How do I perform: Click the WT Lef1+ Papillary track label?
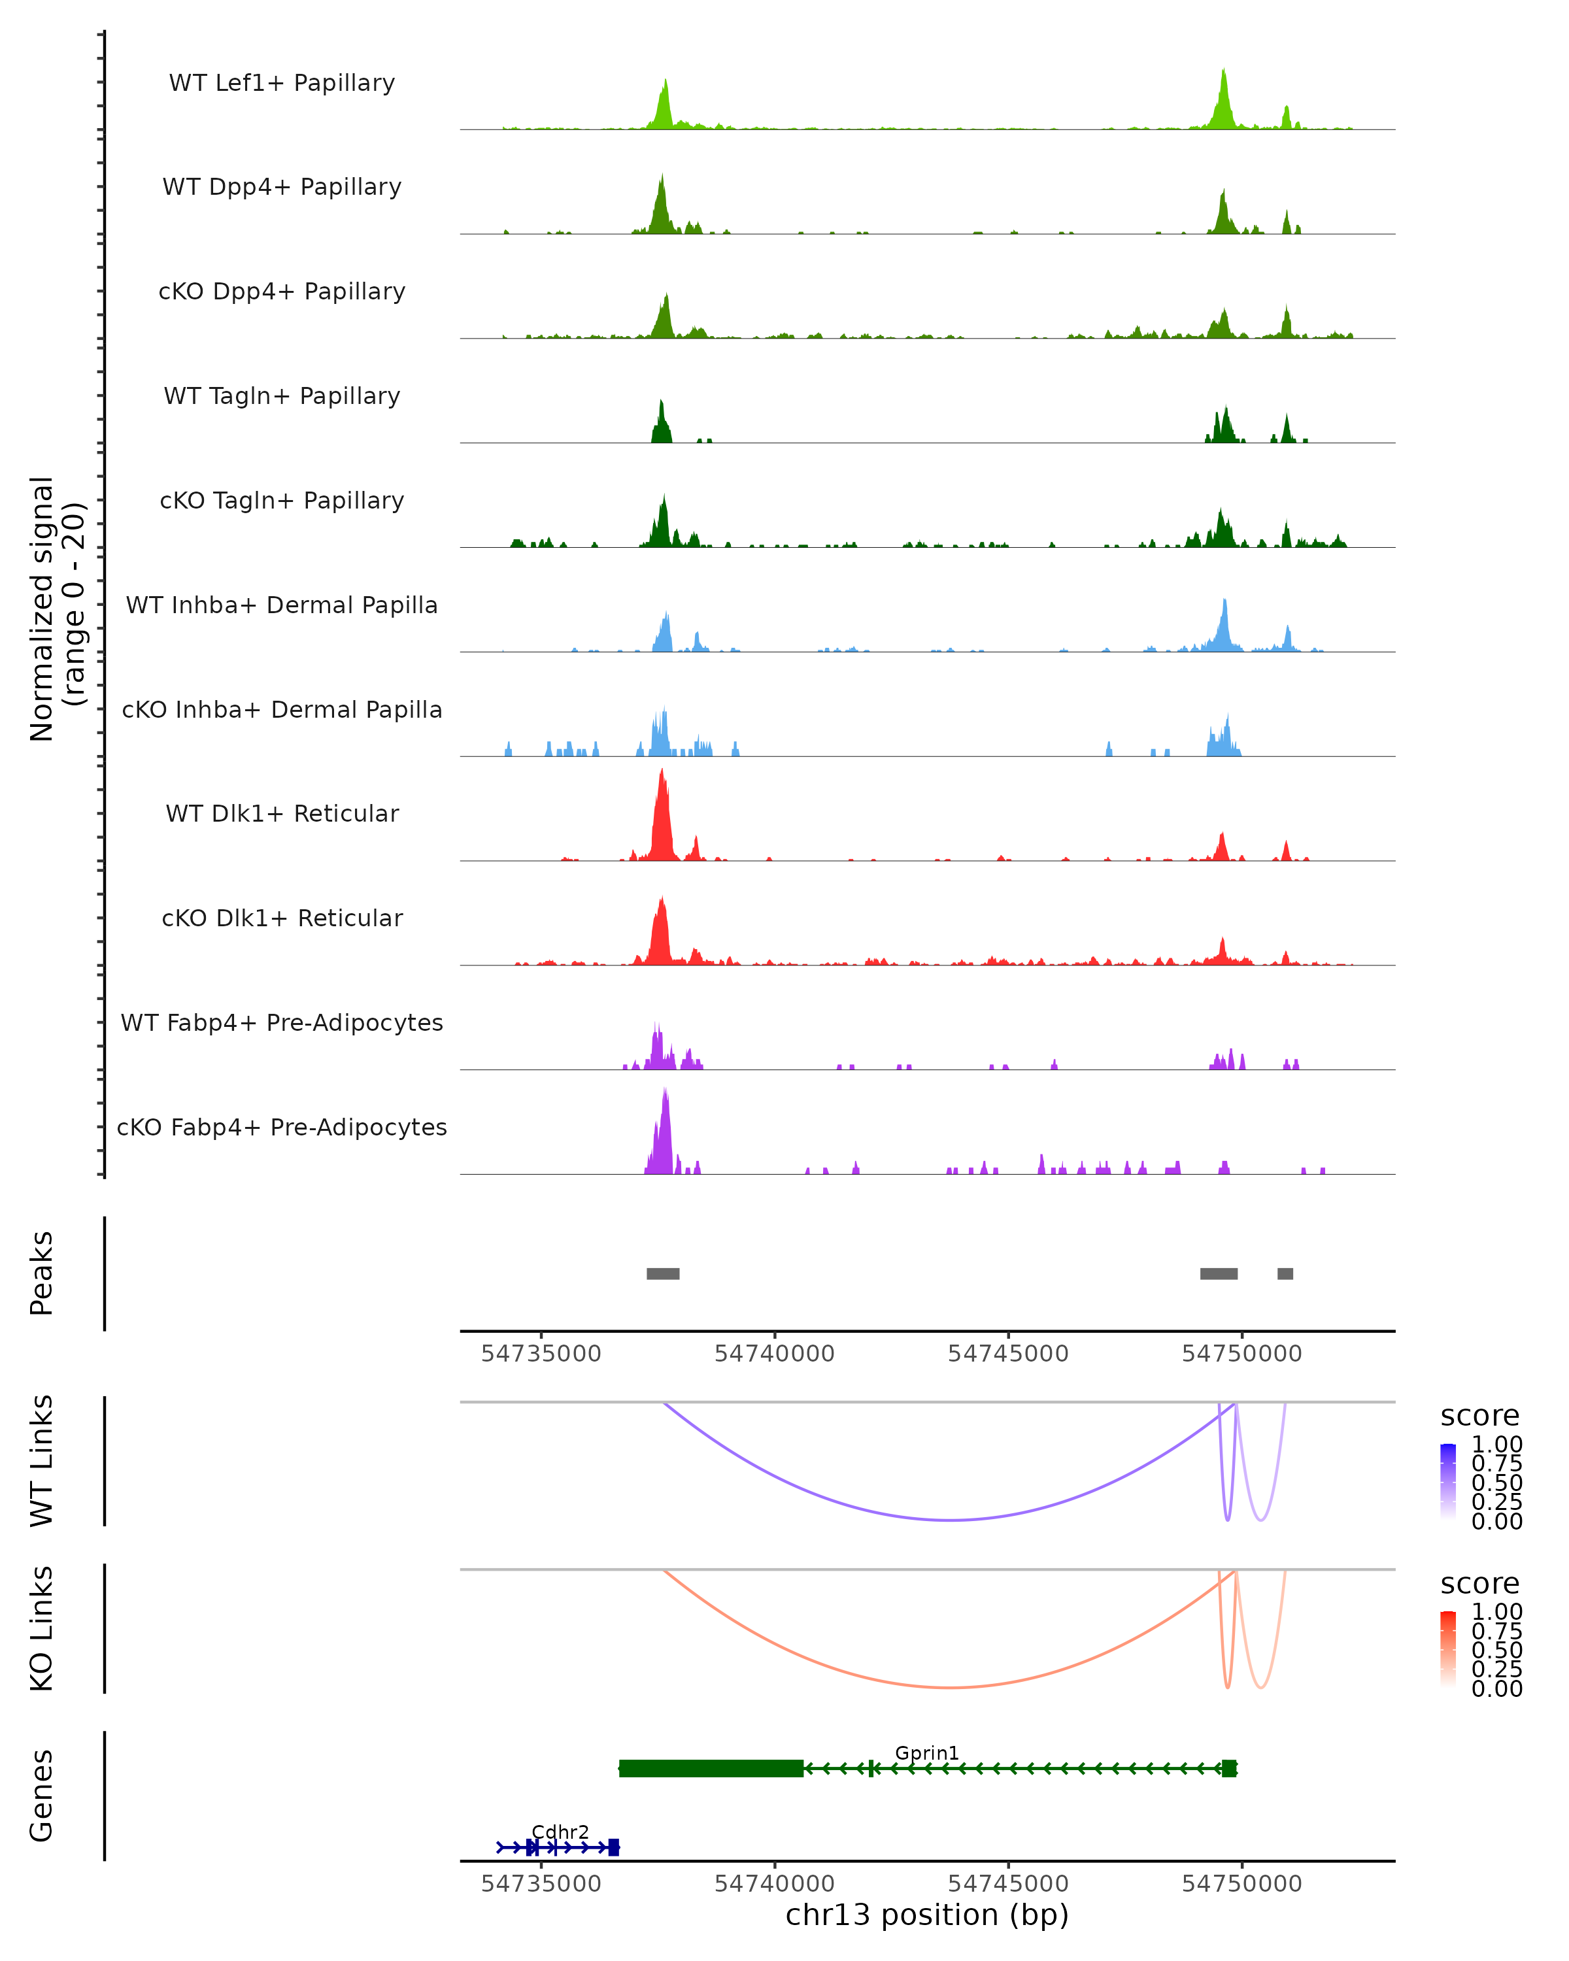pyautogui.click(x=282, y=84)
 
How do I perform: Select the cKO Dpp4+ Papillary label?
pyautogui.click(x=282, y=292)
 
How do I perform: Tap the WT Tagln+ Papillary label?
pyautogui.click(x=282, y=397)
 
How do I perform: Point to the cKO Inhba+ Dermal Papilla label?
pyautogui.click(x=282, y=711)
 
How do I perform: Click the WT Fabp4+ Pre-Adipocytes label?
pyautogui.click(x=282, y=1023)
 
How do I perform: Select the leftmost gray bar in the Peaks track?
pyautogui.click(x=663, y=1273)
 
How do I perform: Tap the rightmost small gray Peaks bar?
pyautogui.click(x=1285, y=1273)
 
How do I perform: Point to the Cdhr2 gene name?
pyautogui.click(x=560, y=1832)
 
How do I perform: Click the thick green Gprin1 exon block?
pyautogui.click(x=711, y=1768)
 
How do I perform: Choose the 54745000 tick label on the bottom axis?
pyautogui.click(x=1008, y=1884)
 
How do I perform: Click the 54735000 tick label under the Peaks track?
pyautogui.click(x=541, y=1354)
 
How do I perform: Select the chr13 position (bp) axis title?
pyautogui.click(x=927, y=1915)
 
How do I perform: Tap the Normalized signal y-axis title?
pyautogui.click(x=56, y=609)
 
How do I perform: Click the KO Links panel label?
pyautogui.click(x=42, y=1629)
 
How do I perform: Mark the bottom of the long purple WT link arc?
pyautogui.click(x=951, y=1520)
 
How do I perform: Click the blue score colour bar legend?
pyautogui.click(x=1448, y=1482)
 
